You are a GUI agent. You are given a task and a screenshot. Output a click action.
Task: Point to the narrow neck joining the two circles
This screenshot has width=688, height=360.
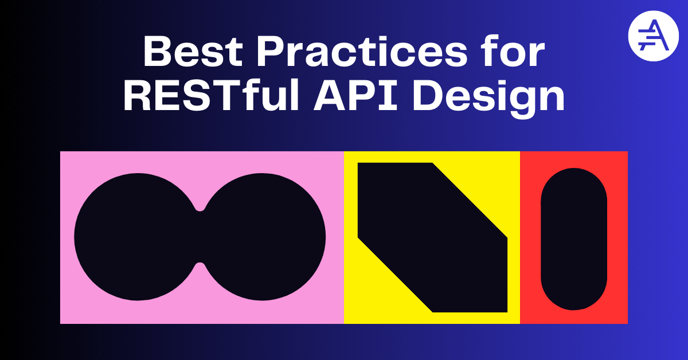point(200,237)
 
